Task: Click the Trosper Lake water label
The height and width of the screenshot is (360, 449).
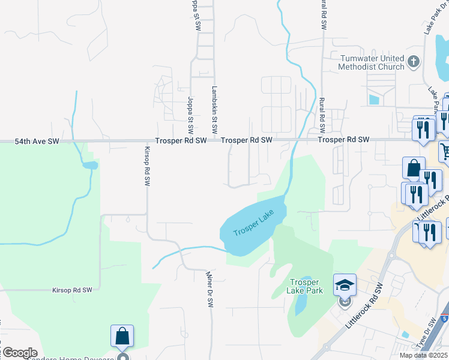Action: (253, 223)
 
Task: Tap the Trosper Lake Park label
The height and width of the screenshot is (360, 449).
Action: (306, 286)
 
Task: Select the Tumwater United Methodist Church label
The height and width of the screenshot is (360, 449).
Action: (372, 62)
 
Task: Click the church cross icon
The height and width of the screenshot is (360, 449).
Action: (413, 62)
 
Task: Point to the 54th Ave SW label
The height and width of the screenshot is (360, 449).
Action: (37, 142)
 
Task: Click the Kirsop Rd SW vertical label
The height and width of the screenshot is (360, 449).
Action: (146, 166)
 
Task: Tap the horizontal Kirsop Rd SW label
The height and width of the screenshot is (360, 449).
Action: (71, 290)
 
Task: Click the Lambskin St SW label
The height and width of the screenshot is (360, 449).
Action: (214, 109)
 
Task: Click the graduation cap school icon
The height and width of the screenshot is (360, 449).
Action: (345, 284)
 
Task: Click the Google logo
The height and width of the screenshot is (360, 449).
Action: (19, 353)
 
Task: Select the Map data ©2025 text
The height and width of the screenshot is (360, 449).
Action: (423, 355)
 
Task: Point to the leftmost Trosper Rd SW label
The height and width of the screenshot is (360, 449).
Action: (181, 140)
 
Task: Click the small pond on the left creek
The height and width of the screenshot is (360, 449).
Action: (89, 165)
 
